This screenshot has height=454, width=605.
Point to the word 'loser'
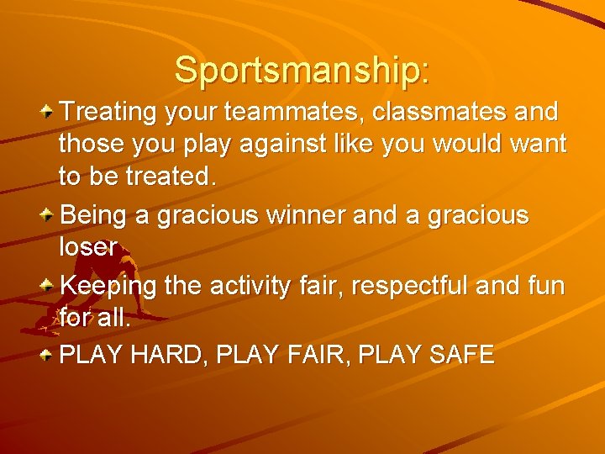pos(88,248)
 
